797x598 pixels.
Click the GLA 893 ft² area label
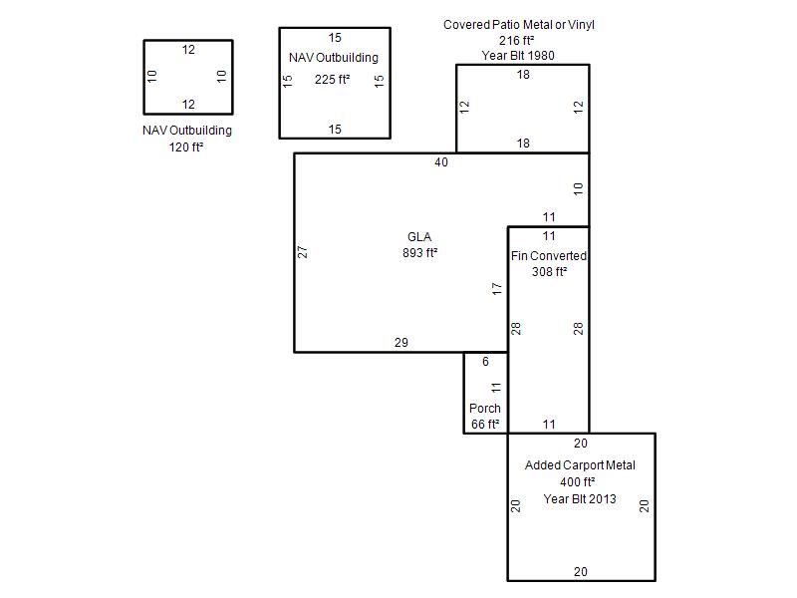[419, 244]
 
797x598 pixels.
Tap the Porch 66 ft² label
[485, 416]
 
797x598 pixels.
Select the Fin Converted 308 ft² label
[549, 263]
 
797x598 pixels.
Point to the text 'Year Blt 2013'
[580, 499]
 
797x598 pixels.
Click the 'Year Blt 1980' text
[518, 56]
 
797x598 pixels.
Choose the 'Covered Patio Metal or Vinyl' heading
[518, 24]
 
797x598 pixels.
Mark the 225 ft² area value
[332, 80]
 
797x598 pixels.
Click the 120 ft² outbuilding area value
[186, 147]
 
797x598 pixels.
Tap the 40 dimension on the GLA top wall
[441, 162]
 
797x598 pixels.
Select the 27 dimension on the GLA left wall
[303, 252]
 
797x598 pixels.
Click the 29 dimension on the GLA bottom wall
[401, 343]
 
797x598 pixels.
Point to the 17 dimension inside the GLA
[496, 289]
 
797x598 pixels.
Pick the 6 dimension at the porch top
[485, 362]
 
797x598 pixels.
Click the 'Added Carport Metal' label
[580, 465]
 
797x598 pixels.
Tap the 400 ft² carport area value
[578, 481]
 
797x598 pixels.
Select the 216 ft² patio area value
[516, 40]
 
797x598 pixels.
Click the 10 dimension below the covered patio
[578, 189]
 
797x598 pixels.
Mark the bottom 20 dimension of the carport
[581, 572]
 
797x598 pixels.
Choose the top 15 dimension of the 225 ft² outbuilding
[335, 38]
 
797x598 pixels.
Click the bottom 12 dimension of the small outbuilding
[188, 105]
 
